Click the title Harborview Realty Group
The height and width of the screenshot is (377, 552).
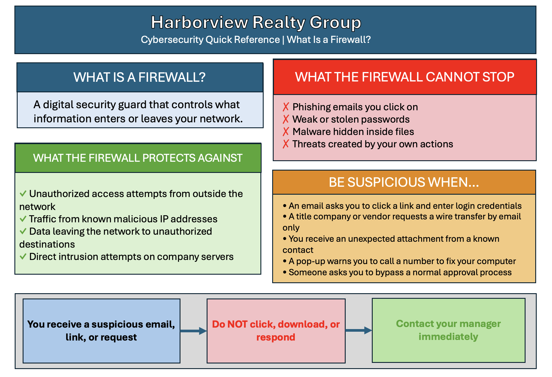(256, 22)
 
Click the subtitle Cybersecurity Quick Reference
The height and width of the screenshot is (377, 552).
(210, 39)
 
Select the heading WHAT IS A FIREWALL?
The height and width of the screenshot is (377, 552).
(139, 77)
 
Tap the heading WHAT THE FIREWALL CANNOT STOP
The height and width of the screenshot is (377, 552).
(404, 77)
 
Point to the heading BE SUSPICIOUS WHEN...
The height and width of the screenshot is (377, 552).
(404, 182)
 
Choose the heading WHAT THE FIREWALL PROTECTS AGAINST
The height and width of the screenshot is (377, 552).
(138, 158)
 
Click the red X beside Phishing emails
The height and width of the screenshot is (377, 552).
(286, 107)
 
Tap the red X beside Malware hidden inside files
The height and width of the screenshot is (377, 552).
(286, 132)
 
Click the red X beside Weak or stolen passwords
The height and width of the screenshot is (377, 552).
(286, 119)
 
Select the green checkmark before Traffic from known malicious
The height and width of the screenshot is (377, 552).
(23, 219)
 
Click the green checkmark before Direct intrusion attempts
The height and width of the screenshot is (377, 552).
(23, 257)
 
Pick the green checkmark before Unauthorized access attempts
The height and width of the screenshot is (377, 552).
(23, 194)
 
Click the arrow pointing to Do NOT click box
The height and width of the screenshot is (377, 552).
(193, 331)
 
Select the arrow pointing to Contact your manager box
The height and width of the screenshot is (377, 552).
(359, 330)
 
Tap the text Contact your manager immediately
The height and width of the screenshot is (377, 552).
(448, 330)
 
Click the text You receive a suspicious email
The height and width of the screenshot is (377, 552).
(101, 331)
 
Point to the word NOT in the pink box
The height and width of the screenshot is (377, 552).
(237, 324)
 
